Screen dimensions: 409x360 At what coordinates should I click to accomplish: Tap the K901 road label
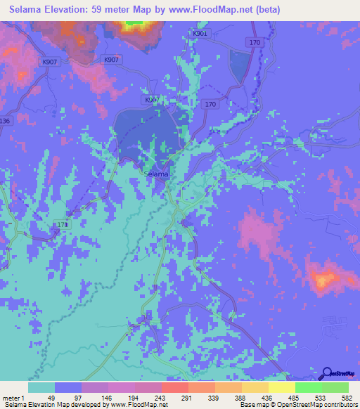[x=200, y=33]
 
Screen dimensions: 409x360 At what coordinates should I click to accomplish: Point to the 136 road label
[x=6, y=121]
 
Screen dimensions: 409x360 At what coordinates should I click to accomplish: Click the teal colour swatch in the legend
[x=41, y=387]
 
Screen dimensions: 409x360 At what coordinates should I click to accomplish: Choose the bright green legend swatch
[x=308, y=387]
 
